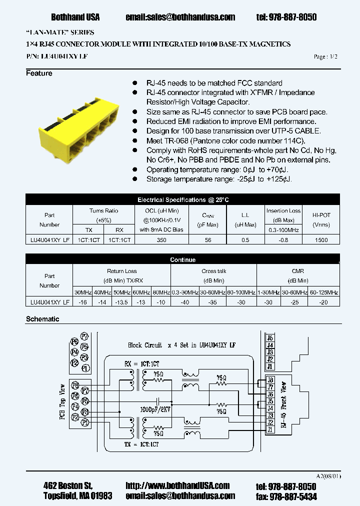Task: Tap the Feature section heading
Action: (39, 73)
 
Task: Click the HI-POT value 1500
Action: (321, 240)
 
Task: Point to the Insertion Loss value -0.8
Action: (283, 240)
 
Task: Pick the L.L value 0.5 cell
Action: (245, 240)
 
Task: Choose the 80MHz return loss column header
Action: (160, 292)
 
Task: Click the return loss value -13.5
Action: (121, 302)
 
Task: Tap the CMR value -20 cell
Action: (323, 302)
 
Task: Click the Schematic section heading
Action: (42, 319)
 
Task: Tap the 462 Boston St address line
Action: (68, 485)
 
